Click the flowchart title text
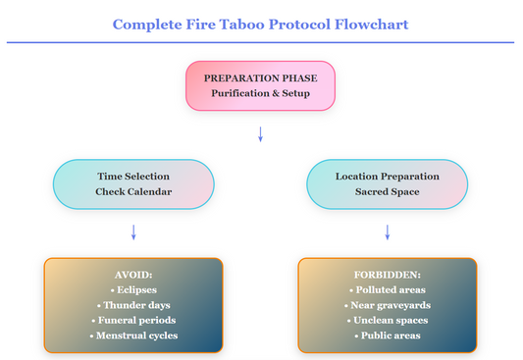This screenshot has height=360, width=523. (260, 23)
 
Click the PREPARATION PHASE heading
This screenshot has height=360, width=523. (260, 77)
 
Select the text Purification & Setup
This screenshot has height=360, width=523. (260, 94)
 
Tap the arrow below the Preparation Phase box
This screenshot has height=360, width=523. (260, 133)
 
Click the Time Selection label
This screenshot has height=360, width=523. (133, 176)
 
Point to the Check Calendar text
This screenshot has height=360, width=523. (133, 191)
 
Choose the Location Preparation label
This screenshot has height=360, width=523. (387, 176)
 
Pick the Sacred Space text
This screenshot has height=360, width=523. (387, 191)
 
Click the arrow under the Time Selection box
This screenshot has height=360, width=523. (133, 231)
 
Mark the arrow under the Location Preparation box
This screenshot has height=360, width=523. (387, 231)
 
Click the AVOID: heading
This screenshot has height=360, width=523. (133, 275)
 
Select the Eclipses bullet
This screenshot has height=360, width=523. (133, 290)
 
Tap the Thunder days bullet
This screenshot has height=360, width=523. (133, 305)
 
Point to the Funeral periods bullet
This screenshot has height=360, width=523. (133, 321)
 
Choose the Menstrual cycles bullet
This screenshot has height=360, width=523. (133, 335)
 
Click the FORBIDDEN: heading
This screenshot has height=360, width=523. (387, 275)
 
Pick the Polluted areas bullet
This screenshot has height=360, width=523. (387, 290)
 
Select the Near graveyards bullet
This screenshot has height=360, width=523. (387, 305)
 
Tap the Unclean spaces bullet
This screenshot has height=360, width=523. (387, 321)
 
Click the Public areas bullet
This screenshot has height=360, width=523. (387, 335)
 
